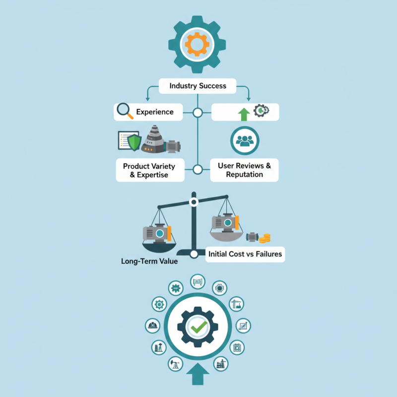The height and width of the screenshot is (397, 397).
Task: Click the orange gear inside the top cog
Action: point(197,44)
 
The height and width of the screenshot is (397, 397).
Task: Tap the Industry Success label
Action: point(198,86)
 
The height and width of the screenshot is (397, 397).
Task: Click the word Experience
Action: point(155,112)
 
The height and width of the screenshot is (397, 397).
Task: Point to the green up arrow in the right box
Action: point(244,114)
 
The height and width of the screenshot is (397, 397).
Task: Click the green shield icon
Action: point(134,142)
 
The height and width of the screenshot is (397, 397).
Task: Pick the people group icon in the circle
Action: point(245,141)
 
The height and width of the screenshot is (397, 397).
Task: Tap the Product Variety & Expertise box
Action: point(150,170)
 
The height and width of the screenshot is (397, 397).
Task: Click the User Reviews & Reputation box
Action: point(244,170)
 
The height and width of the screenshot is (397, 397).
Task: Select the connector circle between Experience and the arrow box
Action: point(198,113)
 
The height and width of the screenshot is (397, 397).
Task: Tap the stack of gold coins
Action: point(265,238)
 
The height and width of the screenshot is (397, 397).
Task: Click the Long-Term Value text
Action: point(149,261)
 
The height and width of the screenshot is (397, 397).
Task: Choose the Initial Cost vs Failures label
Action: point(245,254)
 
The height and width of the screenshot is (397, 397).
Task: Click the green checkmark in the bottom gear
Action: point(199,327)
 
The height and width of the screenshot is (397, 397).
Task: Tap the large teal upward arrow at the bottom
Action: point(198,374)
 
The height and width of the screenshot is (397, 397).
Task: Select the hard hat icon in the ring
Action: point(153,326)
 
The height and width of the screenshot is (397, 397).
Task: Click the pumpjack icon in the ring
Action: point(176,364)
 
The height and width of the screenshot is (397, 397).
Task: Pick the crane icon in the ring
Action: point(237,304)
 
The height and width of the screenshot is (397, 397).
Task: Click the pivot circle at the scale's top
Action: point(194,202)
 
